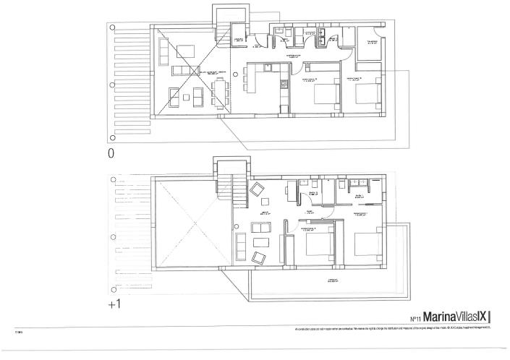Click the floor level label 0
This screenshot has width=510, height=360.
[111, 153]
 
